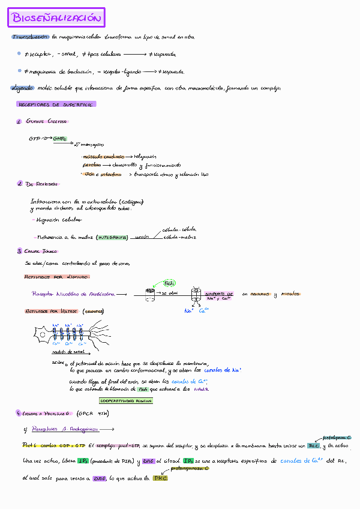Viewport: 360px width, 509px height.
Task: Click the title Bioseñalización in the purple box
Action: pos(57,18)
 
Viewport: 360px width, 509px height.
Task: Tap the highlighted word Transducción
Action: pos(30,37)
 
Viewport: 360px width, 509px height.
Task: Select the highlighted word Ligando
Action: pos(22,88)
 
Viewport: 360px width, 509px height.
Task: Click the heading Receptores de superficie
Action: pos(56,104)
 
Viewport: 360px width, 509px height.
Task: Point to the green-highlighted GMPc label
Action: pos(59,139)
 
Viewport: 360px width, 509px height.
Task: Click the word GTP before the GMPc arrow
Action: pos(34,139)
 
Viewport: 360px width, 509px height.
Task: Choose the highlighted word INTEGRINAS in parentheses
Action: pos(112,238)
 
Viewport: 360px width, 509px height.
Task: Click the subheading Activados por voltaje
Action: pos(52,312)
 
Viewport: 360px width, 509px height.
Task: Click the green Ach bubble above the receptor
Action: pos(169,283)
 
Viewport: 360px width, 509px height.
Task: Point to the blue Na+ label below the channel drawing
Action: pos(188,310)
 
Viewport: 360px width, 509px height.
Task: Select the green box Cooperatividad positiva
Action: pos(125,400)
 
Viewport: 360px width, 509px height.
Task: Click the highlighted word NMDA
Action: pos(201,390)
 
